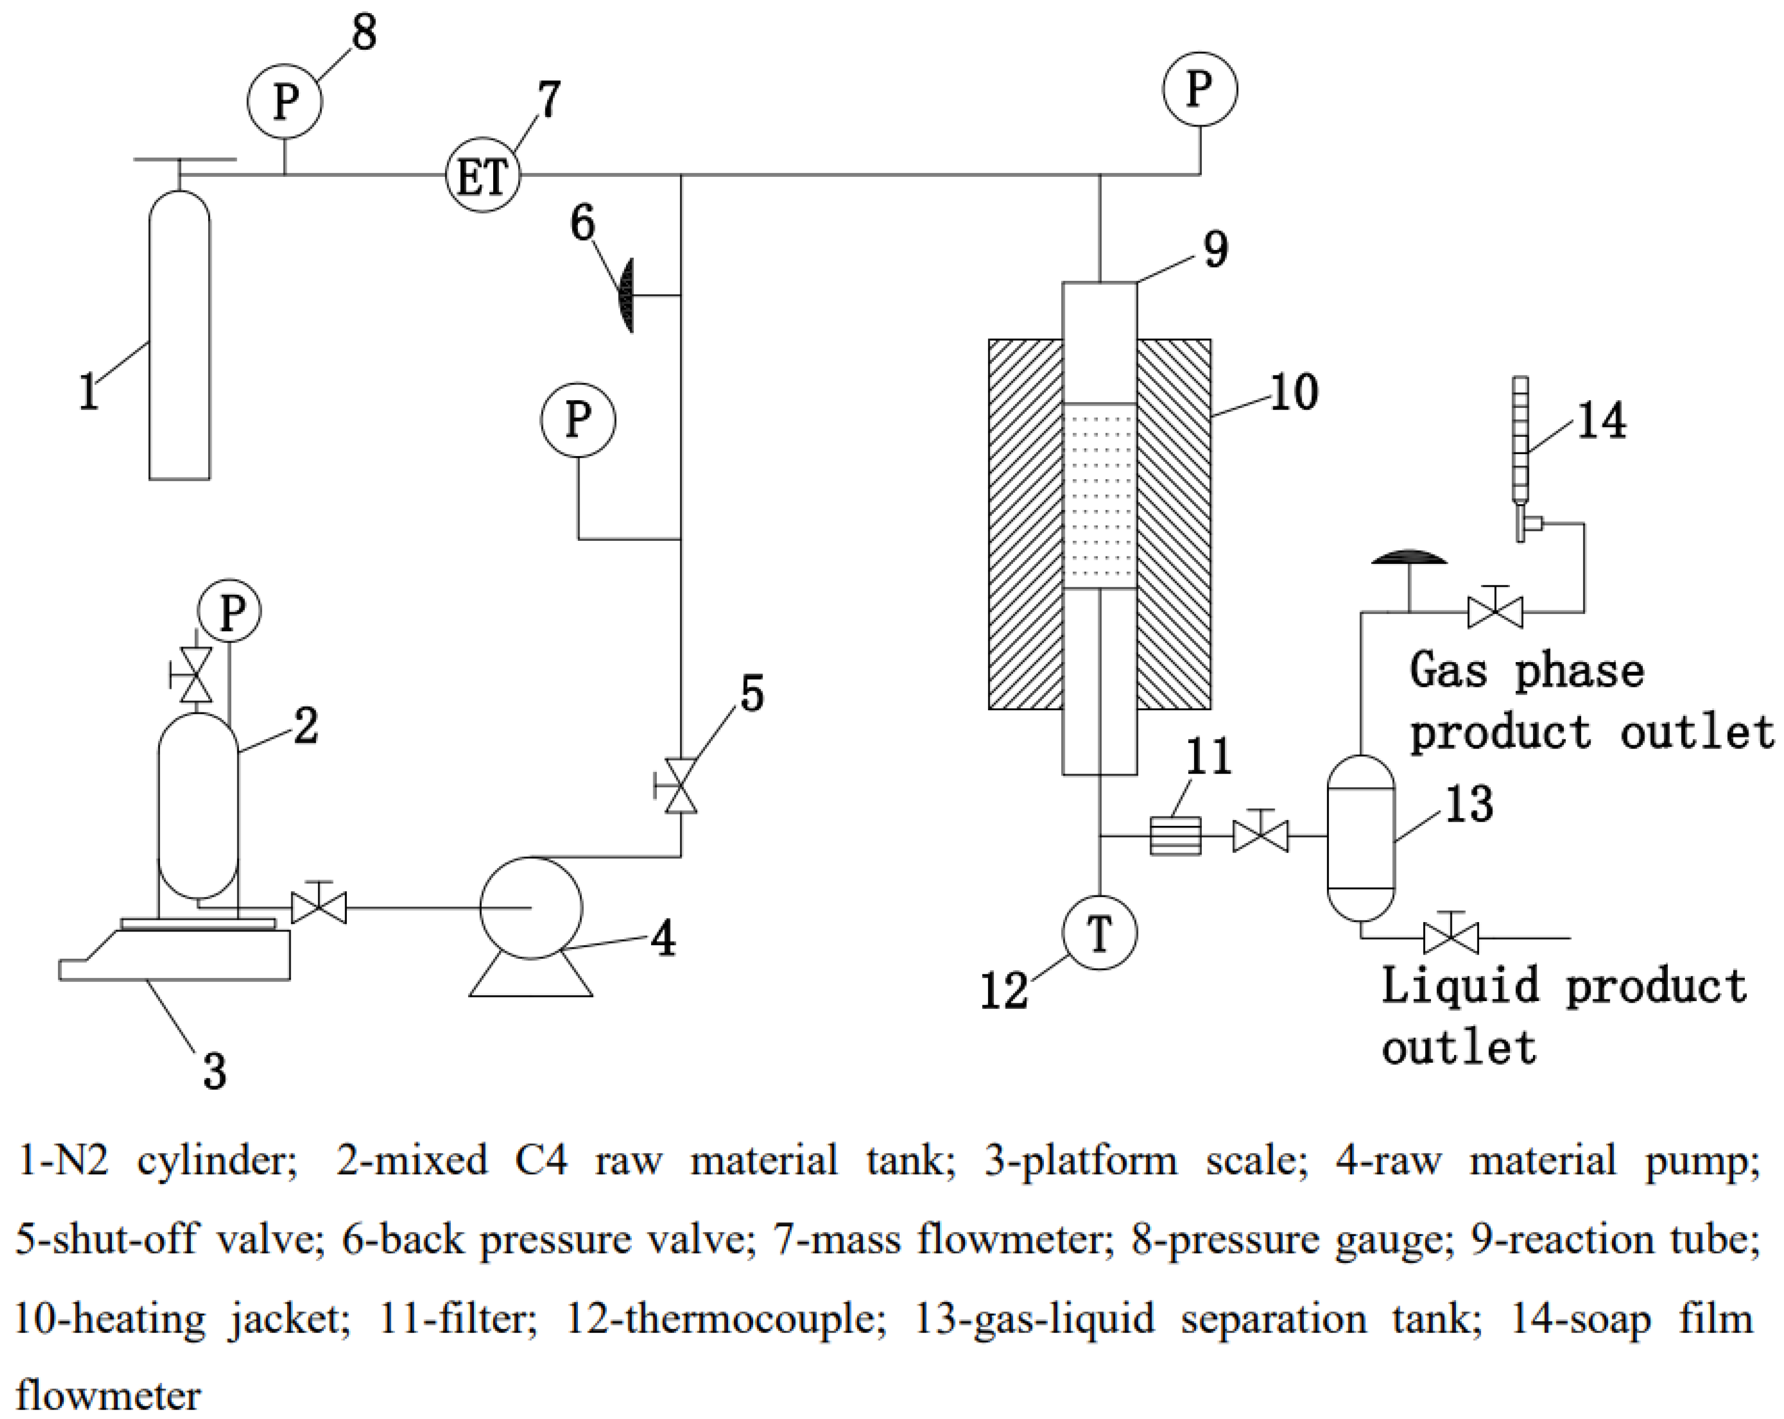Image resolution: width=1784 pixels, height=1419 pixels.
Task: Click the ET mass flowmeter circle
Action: pyautogui.click(x=483, y=175)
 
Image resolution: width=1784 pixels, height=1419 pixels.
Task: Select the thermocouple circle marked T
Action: pyautogui.click(x=1099, y=933)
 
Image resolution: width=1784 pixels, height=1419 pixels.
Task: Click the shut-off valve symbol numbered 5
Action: pyautogui.click(x=681, y=786)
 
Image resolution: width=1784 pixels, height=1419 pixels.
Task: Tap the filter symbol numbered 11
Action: pyautogui.click(x=1175, y=836)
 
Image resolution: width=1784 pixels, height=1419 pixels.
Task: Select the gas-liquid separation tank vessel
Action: pyautogui.click(x=1360, y=837)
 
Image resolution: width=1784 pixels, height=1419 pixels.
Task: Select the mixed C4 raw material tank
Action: pyautogui.click(x=198, y=804)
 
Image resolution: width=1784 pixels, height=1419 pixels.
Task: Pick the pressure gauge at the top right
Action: pyautogui.click(x=1200, y=89)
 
